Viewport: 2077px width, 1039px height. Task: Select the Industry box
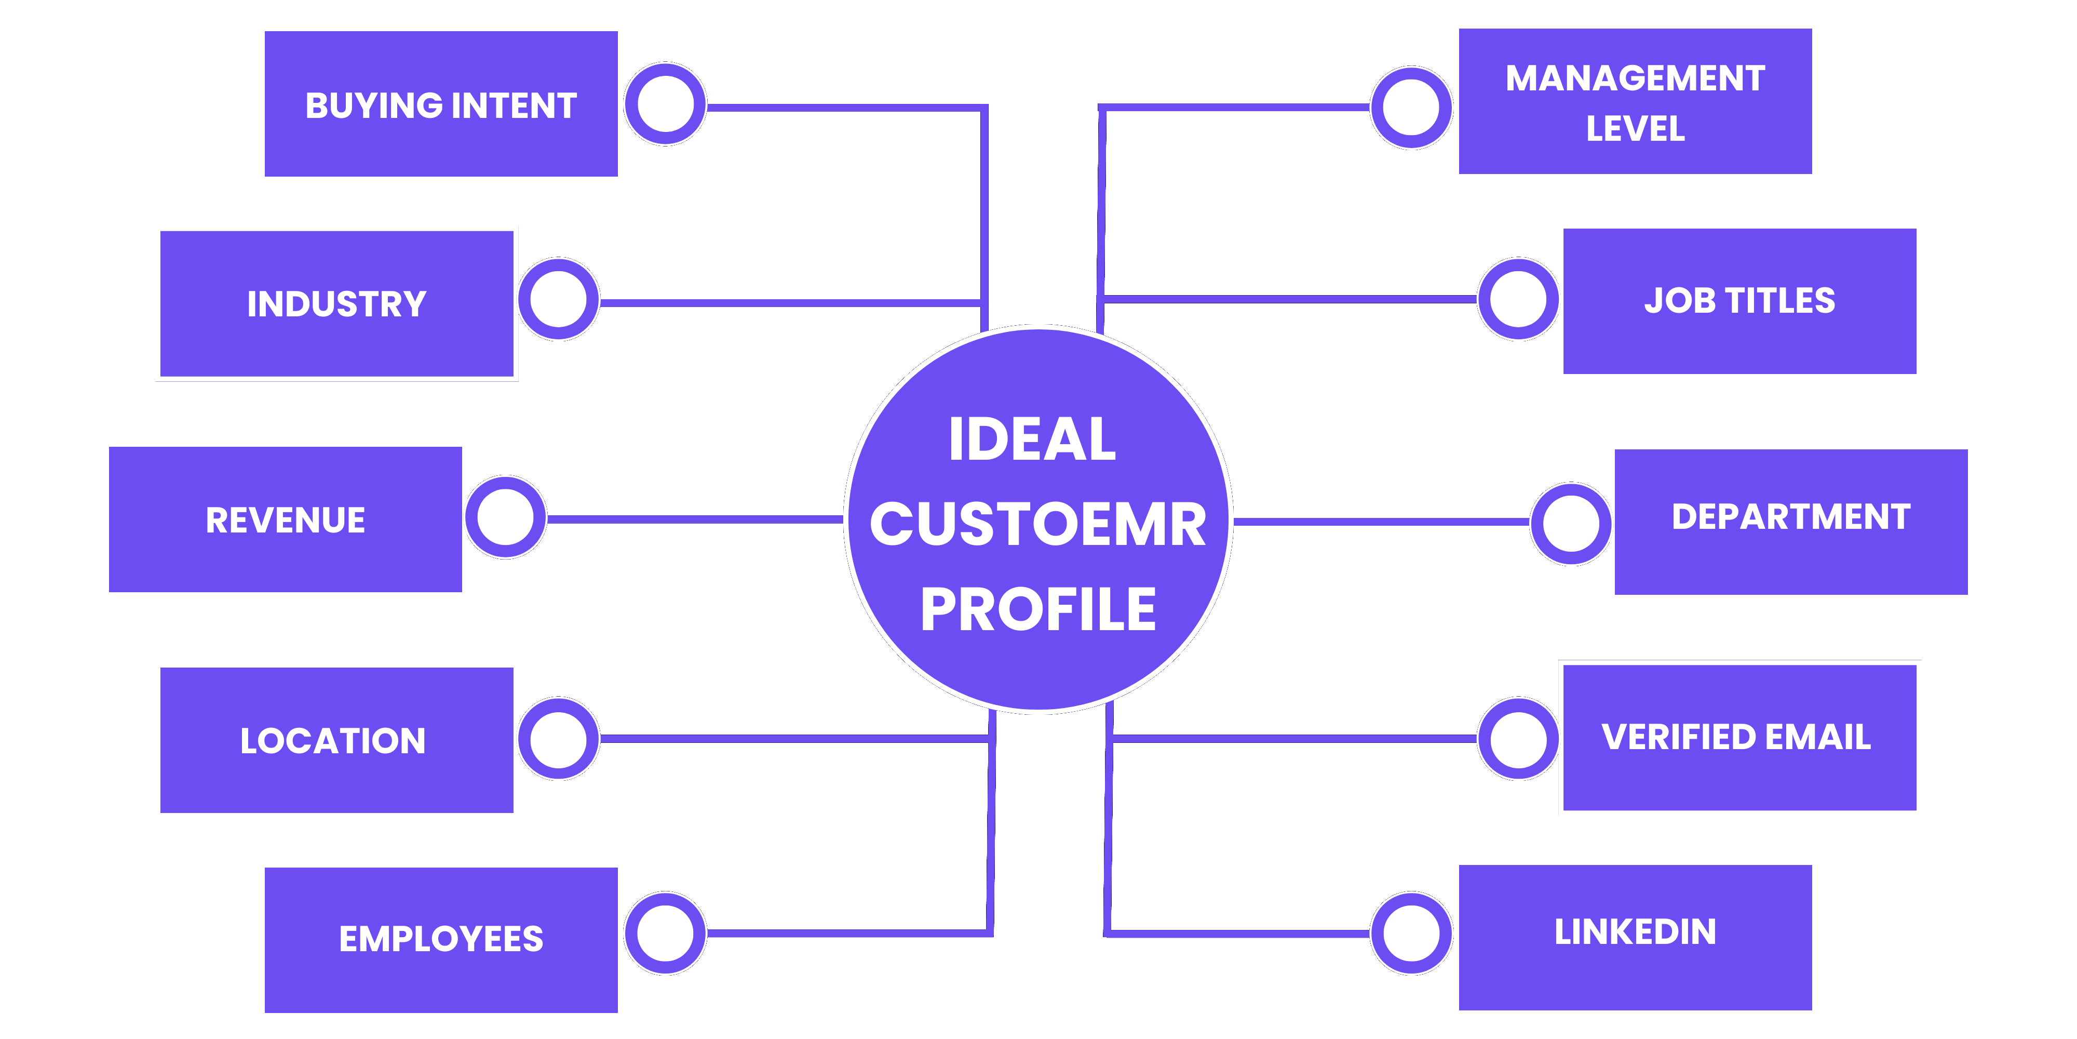[336, 303]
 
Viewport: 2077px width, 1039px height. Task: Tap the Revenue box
[286, 519]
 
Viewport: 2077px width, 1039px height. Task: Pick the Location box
[336, 740]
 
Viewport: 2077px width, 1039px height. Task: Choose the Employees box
[441, 939]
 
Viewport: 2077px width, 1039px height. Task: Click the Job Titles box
[1739, 301]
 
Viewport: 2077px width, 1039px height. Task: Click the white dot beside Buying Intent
[665, 104]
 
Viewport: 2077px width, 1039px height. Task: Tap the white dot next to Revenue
[506, 517]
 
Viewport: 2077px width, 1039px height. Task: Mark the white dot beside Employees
[665, 934]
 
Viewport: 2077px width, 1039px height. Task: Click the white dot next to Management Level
[1411, 108]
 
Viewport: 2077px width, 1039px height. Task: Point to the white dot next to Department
[1571, 524]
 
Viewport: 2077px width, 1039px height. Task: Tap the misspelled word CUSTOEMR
[1037, 524]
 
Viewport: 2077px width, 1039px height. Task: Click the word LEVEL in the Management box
[1635, 129]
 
